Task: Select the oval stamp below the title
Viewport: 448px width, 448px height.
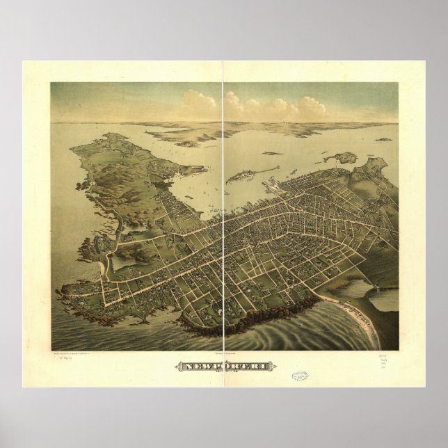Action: tap(300, 376)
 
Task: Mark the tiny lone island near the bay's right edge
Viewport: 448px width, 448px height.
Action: tap(383, 140)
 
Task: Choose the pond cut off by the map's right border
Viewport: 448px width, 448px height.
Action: tap(385, 300)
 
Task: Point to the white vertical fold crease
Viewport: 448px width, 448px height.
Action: tap(223, 209)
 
